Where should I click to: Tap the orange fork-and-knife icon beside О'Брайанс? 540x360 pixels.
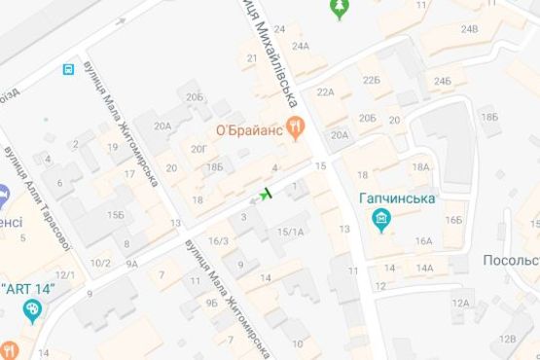[298, 126]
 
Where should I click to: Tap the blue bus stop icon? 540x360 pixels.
[67, 70]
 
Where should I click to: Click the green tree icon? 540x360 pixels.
[340, 10]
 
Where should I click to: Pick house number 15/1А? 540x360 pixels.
[291, 232]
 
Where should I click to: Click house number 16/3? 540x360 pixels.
[219, 241]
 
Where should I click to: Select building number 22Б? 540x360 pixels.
[371, 79]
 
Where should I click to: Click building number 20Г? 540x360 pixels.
[199, 148]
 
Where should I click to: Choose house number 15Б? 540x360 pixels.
[116, 214]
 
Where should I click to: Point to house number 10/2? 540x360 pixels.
[100, 263]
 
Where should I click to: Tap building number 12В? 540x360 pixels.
[507, 338]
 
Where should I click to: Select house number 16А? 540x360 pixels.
[423, 240]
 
